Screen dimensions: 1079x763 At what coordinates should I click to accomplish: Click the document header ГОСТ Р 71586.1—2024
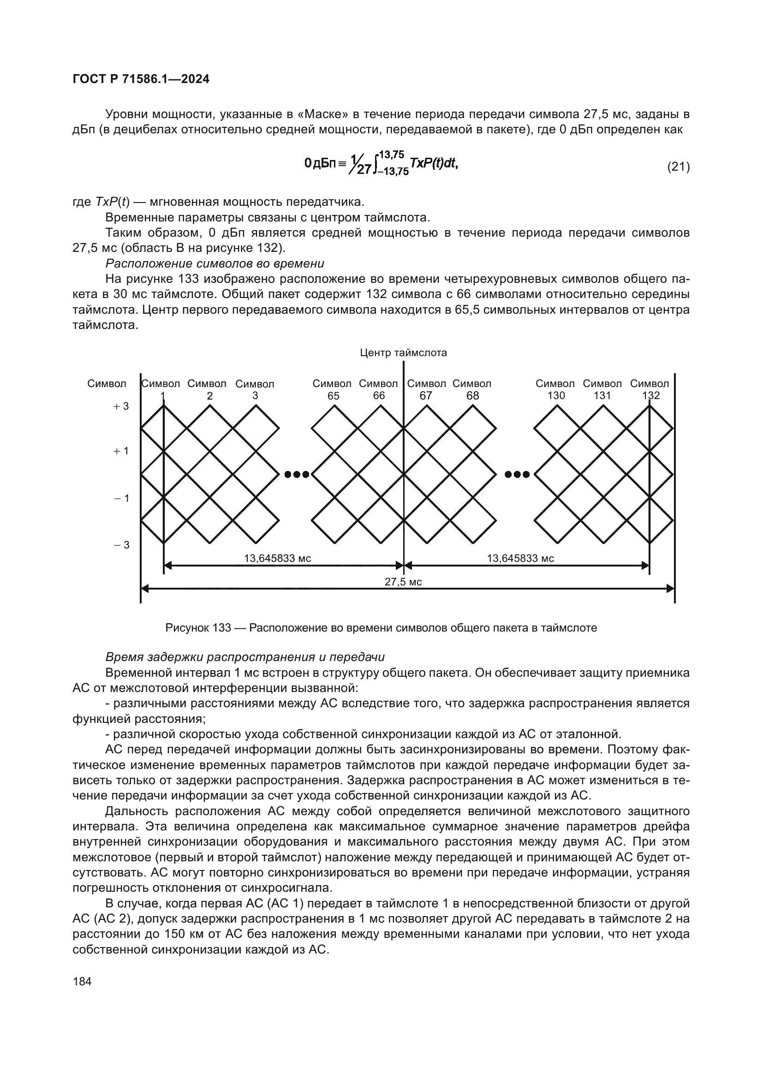(x=141, y=79)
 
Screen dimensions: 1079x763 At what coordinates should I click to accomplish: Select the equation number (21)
(x=679, y=167)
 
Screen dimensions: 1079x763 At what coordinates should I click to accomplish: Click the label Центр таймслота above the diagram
(x=403, y=352)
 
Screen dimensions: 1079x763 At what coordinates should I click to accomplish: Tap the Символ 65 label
(x=332, y=390)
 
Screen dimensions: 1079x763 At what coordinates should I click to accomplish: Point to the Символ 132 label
(x=650, y=390)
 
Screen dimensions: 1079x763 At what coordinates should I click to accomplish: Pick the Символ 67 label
(x=426, y=390)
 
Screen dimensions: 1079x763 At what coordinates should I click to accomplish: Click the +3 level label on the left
(x=121, y=406)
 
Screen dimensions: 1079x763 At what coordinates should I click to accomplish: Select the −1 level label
(x=121, y=498)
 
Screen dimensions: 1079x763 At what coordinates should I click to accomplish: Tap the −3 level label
(x=121, y=545)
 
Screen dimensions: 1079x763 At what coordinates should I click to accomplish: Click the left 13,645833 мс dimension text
(x=277, y=558)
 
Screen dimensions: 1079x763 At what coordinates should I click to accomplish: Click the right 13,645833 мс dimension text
(x=520, y=558)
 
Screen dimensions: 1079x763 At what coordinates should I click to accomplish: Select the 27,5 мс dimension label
(x=403, y=582)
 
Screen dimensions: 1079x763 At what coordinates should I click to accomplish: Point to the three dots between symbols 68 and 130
(x=517, y=474)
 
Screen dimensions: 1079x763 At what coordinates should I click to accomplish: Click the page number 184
(x=82, y=981)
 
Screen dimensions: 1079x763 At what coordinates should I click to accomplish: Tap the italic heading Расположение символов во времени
(x=215, y=263)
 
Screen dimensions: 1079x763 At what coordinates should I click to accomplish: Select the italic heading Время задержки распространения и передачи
(x=245, y=657)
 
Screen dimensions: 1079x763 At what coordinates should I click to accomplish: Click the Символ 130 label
(x=555, y=390)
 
